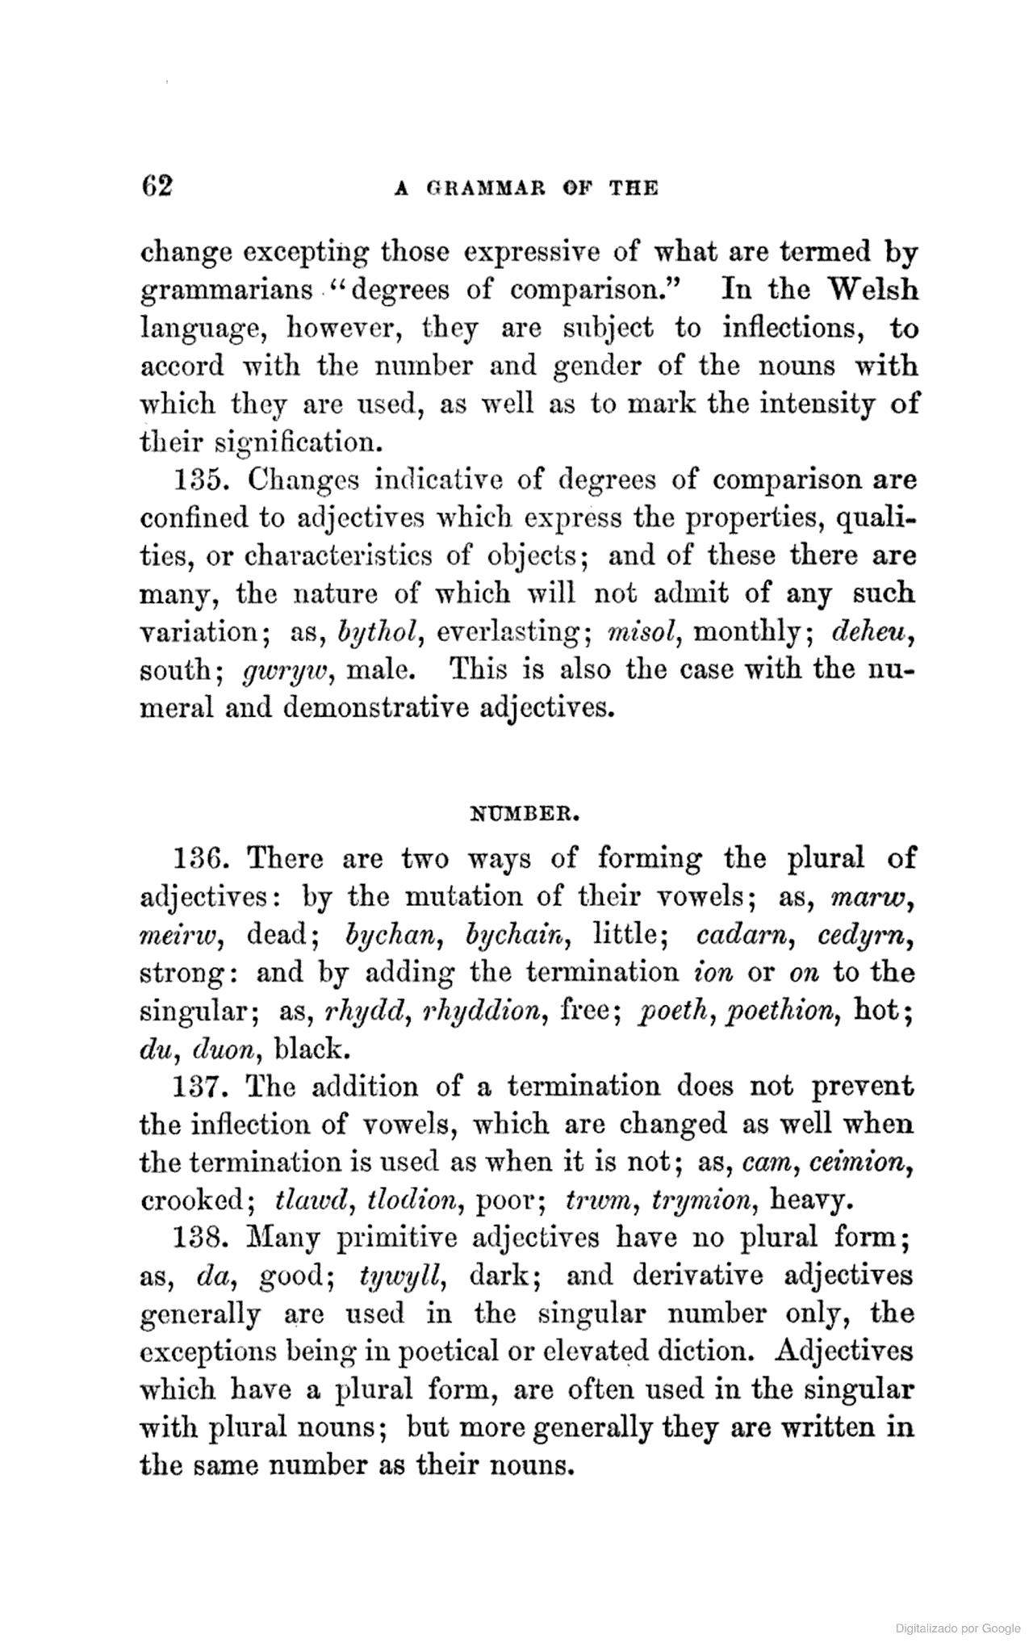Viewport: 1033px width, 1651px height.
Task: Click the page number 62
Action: (157, 186)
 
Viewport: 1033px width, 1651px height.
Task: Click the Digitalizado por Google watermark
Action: (958, 1628)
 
